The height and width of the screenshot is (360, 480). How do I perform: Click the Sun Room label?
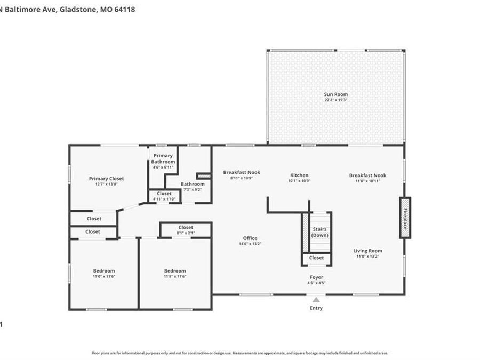tap(336, 94)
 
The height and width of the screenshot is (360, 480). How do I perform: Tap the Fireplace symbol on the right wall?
tap(405, 218)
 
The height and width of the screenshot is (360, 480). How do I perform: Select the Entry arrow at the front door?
tap(316, 300)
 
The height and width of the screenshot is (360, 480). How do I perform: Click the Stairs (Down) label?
tap(320, 232)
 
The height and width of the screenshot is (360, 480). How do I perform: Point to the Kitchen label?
tap(299, 175)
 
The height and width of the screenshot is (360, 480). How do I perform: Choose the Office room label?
tap(250, 238)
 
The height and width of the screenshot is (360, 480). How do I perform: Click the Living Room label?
tap(367, 251)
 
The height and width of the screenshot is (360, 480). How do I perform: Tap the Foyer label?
tap(316, 277)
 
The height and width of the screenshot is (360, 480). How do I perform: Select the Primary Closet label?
tap(106, 179)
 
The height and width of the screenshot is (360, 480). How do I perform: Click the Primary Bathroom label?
tap(163, 158)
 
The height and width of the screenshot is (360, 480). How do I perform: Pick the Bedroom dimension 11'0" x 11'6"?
tap(103, 276)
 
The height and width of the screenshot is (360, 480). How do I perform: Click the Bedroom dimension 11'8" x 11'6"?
tap(175, 276)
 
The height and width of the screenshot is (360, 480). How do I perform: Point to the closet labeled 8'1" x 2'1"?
tap(186, 233)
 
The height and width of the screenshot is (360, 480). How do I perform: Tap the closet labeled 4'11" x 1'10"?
tap(164, 199)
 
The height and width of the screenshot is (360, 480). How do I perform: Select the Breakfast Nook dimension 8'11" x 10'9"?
tap(242, 178)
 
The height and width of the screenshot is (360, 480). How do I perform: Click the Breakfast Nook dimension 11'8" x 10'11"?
tap(367, 181)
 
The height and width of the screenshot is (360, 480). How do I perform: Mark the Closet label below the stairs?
tap(316, 258)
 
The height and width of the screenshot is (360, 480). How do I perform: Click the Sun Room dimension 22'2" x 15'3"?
tap(336, 100)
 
